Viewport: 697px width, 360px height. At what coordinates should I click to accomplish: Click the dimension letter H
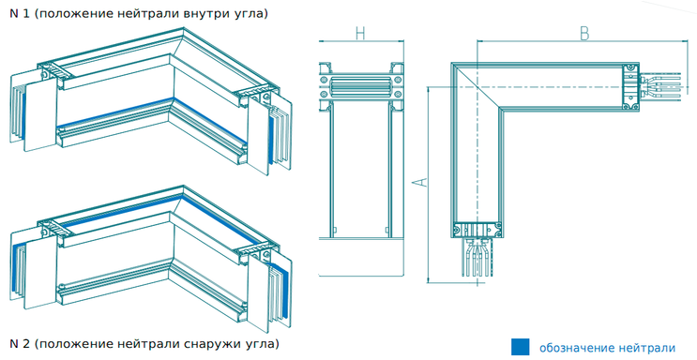coord(360,34)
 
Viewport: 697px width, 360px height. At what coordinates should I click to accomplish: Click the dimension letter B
coord(584,34)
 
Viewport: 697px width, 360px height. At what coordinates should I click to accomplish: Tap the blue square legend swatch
coord(520,347)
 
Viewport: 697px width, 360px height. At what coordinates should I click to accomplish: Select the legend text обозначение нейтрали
coord(607,348)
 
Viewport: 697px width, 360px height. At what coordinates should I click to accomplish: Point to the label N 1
coord(20,13)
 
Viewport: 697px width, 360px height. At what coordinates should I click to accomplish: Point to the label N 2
coord(20,343)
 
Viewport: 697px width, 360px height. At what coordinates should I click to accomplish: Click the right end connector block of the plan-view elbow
coord(630,86)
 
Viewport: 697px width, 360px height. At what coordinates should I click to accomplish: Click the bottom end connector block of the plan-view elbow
coord(477,230)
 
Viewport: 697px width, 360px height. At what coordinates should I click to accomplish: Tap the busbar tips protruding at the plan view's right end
coord(661,86)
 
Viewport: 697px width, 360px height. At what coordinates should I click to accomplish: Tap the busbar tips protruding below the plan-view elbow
coord(477,257)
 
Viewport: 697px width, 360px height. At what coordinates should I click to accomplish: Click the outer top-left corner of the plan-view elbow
coord(452,63)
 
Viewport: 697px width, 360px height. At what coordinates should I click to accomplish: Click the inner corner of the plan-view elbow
coord(501,108)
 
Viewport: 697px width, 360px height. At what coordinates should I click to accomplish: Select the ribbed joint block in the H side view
coord(360,85)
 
